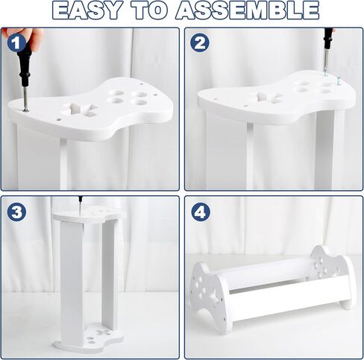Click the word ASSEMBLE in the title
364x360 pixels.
coord(248,10)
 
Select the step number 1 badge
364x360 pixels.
coord(16,42)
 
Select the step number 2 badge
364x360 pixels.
coord(200,42)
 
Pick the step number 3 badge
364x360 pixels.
coord(16,212)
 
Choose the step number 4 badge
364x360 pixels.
coord(201,212)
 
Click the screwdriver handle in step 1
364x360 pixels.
coord(25,62)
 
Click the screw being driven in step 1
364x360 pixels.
coord(25,110)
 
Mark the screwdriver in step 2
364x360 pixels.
coord(327,51)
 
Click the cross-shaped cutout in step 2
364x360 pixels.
coord(267,98)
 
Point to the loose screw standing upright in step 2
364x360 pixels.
coord(338,82)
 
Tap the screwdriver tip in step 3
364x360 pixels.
coord(81,211)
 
